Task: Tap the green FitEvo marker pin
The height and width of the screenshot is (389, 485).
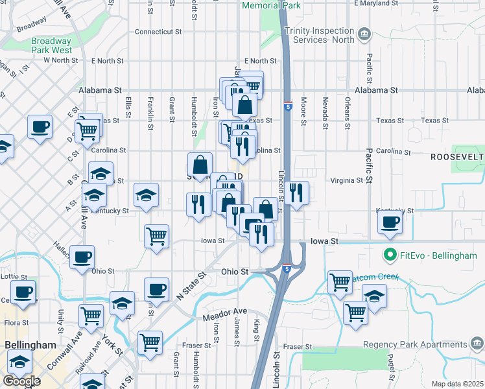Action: click(390, 255)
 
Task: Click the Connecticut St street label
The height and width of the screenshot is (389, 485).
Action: click(158, 31)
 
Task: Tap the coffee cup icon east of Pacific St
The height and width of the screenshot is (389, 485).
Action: click(390, 223)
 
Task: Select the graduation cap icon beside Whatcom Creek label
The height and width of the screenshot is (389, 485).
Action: click(374, 296)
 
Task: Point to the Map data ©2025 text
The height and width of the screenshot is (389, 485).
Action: click(458, 384)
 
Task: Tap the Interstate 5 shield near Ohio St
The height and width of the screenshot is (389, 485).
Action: click(286, 267)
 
